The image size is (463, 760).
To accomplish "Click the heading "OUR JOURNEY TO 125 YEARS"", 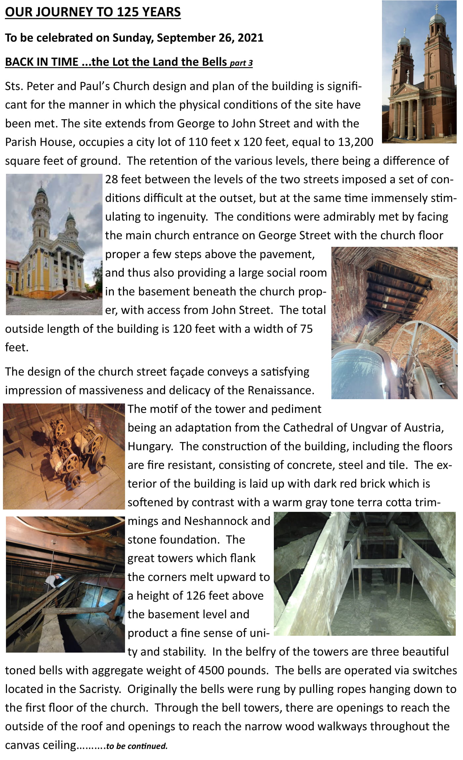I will pos(93,12).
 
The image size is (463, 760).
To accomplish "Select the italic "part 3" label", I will pos(241,63).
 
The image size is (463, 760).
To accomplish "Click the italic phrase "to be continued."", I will pos(137,746).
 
